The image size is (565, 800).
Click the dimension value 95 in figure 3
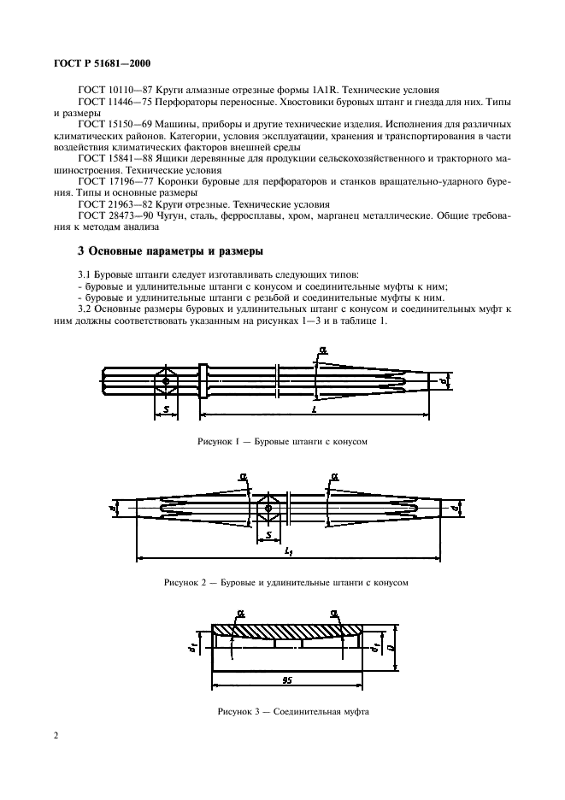coord(286,680)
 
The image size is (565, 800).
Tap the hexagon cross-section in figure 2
coord(269,509)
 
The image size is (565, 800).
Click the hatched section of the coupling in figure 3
coord(286,631)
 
